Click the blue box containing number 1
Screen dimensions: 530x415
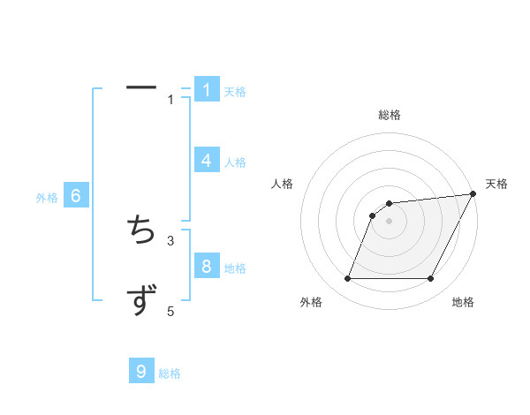tap(207, 90)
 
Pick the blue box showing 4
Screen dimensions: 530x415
tap(207, 161)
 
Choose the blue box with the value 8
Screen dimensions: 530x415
tap(207, 266)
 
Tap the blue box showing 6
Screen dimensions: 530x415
tap(76, 196)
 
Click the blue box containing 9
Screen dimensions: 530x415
tap(141, 372)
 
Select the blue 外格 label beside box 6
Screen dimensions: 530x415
tap(47, 198)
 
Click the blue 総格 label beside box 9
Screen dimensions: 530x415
tap(170, 373)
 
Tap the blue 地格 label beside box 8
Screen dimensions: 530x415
tap(235, 268)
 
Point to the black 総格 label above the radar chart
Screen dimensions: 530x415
tap(390, 115)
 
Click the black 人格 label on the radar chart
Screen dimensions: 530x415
tap(283, 184)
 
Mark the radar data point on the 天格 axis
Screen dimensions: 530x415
tap(473, 194)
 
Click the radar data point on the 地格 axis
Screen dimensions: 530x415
tap(431, 279)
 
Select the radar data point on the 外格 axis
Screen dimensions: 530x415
tap(347, 279)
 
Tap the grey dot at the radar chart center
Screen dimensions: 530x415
tap(390, 222)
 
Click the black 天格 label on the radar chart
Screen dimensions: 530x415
tap(496, 184)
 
